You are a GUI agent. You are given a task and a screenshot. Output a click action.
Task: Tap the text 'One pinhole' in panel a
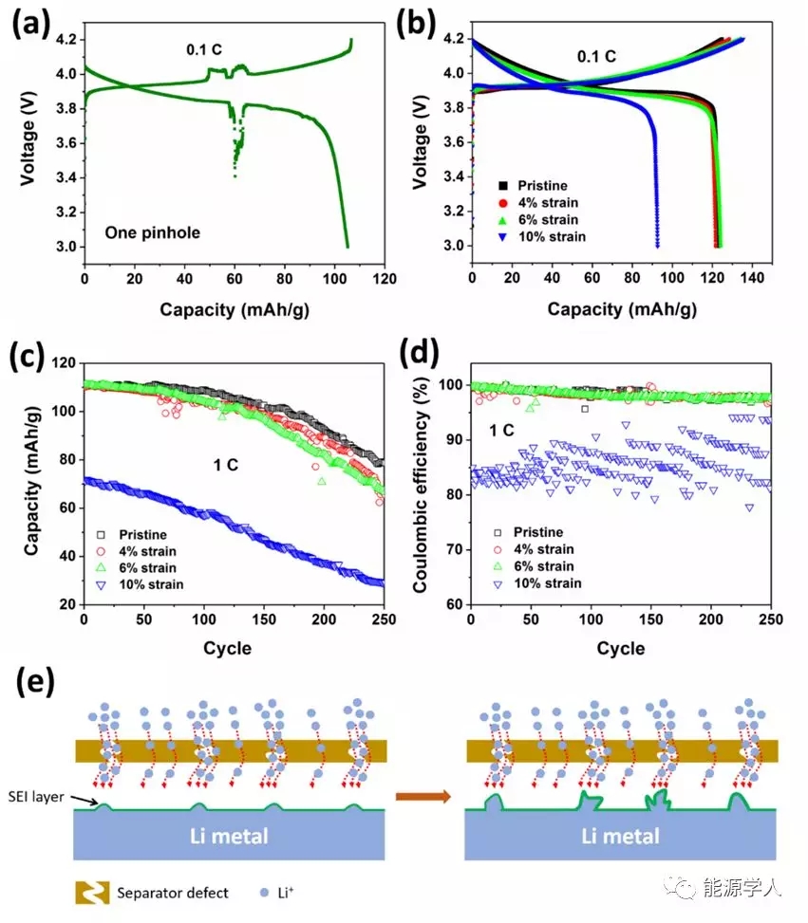coord(153,231)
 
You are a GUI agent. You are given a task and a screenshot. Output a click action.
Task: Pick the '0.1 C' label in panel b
coord(596,57)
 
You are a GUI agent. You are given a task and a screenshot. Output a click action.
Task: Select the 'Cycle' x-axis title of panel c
coord(228,649)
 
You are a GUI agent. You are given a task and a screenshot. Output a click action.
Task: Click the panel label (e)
coord(28,682)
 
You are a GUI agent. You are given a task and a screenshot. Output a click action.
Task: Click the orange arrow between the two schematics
coord(423,796)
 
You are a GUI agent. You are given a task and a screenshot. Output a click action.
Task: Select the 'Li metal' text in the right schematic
coord(621,837)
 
